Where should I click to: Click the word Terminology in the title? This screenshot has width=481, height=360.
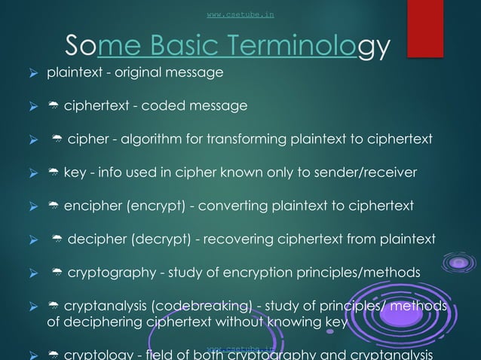click(x=310, y=47)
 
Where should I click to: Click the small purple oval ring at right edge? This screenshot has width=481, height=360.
click(x=460, y=264)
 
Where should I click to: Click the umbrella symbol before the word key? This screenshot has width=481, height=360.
click(x=53, y=173)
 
